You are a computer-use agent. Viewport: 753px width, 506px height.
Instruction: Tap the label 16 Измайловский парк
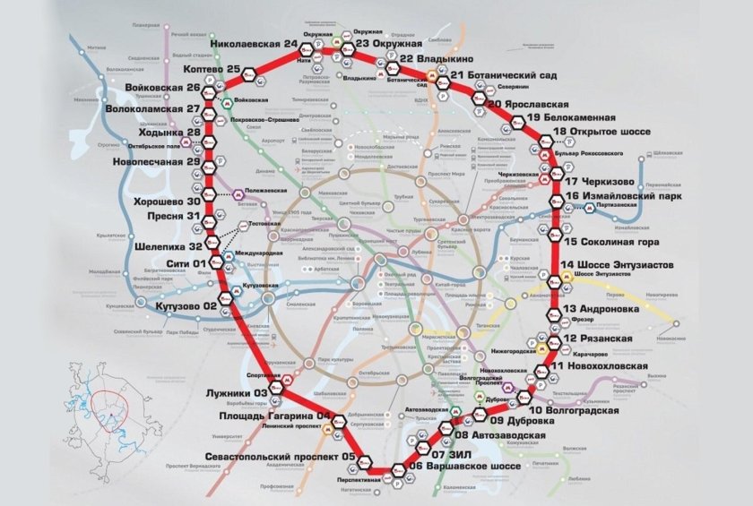624,194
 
